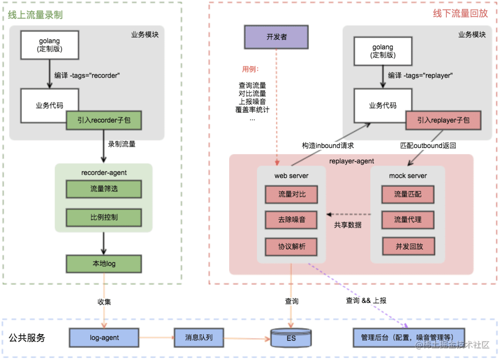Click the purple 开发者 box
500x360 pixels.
pos(276,37)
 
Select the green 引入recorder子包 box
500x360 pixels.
pos(104,120)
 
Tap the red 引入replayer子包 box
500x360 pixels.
pos(443,120)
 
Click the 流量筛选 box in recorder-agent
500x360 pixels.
pos(104,189)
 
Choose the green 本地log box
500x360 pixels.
pos(104,264)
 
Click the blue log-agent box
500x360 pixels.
pos(104,338)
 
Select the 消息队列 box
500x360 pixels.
pos(199,338)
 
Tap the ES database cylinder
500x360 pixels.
pos(291,338)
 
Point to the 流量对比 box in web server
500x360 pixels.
pos(292,194)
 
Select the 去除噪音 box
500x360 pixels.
pos(292,220)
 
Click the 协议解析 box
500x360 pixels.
pos(292,247)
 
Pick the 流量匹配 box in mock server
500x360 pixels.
pos(408,194)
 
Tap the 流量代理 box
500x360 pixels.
pos(408,220)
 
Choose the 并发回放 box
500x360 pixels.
pos(409,247)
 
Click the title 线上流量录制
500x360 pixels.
pos(35,15)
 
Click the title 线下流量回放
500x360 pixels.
pos(460,13)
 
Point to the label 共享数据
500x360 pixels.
pos(348,225)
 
